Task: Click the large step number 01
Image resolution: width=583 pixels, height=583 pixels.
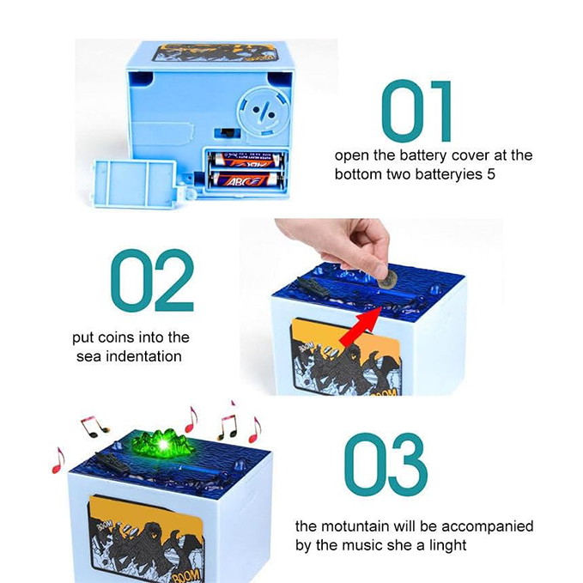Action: [x=416, y=112]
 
